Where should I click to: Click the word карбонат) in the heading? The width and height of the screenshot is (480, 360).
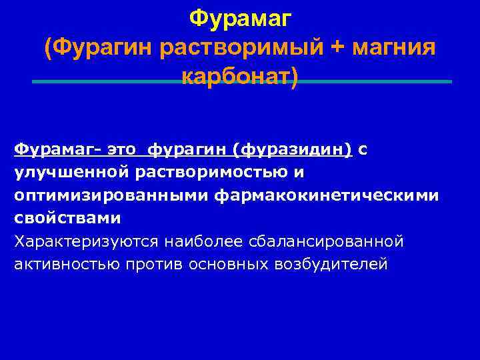pos(240,77)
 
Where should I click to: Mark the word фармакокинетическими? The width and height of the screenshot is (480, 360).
pos(327,195)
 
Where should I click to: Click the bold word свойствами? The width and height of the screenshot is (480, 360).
pos(67,218)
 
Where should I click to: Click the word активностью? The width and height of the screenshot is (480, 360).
pos(65,264)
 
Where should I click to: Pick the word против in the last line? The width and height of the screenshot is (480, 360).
pos(153,264)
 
